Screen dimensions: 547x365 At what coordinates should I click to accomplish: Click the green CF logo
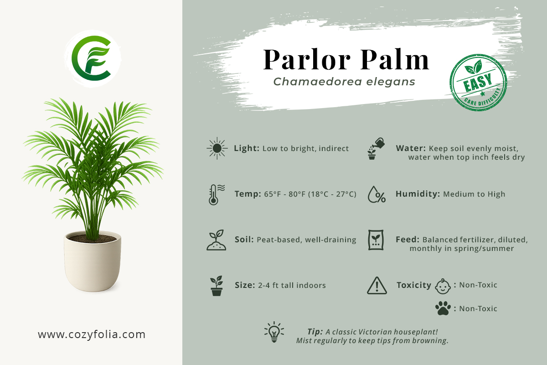click(x=92, y=58)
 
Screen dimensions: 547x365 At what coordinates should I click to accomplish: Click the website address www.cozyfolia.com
click(x=92, y=334)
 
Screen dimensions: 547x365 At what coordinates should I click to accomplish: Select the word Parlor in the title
click(x=307, y=59)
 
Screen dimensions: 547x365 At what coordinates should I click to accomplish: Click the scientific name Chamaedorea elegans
click(x=344, y=82)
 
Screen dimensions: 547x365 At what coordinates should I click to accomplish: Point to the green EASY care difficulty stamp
click(x=478, y=83)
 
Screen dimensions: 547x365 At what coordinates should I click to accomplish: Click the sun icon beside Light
click(x=217, y=148)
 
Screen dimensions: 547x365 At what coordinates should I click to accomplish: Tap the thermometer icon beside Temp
click(x=217, y=195)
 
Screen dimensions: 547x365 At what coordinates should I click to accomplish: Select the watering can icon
click(x=376, y=149)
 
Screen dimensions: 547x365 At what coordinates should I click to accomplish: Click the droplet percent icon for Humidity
click(x=377, y=195)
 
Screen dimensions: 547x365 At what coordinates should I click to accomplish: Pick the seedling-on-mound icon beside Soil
click(x=217, y=240)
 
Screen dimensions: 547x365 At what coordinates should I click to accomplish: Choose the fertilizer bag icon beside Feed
click(x=376, y=240)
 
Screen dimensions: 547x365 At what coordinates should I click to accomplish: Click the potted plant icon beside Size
click(x=217, y=286)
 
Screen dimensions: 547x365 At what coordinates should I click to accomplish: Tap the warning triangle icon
click(x=377, y=286)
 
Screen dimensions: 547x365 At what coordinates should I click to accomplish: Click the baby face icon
click(x=443, y=286)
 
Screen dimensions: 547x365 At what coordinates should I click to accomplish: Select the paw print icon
click(x=443, y=308)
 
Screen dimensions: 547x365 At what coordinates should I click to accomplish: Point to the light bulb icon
click(x=274, y=332)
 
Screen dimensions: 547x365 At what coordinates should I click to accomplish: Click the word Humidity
click(x=418, y=194)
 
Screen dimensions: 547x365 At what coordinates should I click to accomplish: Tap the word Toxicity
click(x=414, y=285)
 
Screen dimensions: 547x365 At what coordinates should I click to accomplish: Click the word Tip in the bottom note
click(x=315, y=332)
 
